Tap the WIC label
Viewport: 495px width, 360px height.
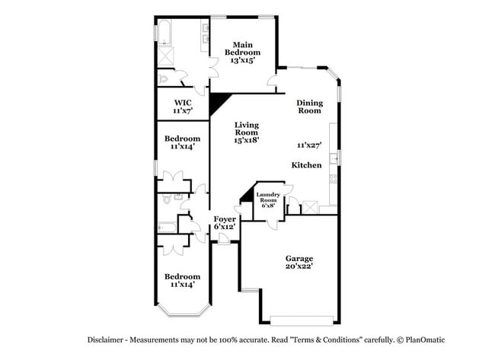182,102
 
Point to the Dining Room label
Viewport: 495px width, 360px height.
309,107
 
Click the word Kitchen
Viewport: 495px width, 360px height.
306,165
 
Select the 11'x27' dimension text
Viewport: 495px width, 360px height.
309,145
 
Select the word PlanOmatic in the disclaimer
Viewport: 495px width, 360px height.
424,340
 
